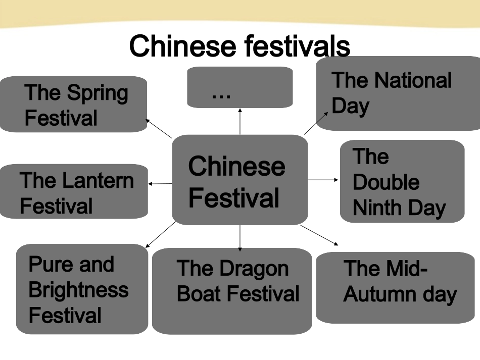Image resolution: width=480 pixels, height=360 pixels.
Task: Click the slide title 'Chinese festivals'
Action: [239, 46]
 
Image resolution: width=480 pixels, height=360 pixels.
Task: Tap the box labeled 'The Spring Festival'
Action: [74, 105]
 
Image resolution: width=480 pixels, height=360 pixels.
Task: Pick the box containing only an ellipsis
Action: [239, 87]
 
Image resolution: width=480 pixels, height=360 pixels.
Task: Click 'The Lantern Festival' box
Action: [74, 191]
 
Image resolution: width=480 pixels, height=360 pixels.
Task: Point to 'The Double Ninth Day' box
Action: [402, 182]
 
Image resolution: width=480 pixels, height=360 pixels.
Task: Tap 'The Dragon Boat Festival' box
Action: [232, 291]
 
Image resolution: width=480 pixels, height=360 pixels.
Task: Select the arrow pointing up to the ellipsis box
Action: [240, 121]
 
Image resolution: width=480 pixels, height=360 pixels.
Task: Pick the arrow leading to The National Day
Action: [316, 123]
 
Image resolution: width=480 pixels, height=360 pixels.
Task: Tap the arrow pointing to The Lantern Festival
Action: [160, 184]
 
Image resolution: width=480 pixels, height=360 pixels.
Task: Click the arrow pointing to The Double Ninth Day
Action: [323, 180]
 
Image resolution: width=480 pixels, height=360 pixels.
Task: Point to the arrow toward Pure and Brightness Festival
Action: [161, 235]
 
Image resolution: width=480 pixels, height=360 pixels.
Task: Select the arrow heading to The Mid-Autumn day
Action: [320, 235]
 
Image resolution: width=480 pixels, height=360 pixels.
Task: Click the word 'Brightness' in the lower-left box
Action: [79, 290]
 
